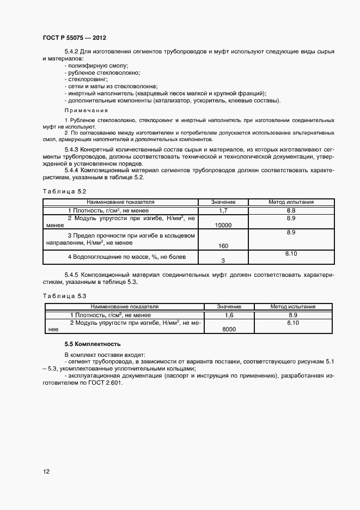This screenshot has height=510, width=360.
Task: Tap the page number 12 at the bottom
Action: [46, 471]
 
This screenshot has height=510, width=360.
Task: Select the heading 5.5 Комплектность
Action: [92, 344]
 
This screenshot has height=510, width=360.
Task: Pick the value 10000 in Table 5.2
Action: [223, 224]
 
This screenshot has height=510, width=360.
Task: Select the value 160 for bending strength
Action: [223, 245]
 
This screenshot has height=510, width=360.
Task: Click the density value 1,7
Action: [223, 210]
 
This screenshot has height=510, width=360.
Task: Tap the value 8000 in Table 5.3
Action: [229, 329]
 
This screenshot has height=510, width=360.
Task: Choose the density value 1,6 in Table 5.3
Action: [229, 315]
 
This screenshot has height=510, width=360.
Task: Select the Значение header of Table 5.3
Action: [229, 307]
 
